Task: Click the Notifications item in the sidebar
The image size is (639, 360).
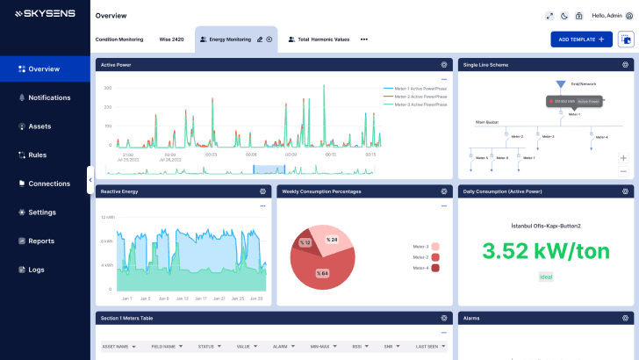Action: point(48,97)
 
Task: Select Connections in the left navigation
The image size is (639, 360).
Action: point(48,184)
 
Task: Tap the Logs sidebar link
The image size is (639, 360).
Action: point(36,270)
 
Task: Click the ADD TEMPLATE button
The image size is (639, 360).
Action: point(580,40)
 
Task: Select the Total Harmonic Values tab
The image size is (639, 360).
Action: point(323,40)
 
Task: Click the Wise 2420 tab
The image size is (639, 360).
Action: point(171,40)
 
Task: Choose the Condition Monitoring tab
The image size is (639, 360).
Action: point(118,40)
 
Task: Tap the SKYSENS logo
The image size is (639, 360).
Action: point(44,14)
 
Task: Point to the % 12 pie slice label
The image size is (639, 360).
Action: point(305,242)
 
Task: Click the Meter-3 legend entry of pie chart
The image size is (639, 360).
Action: point(420,247)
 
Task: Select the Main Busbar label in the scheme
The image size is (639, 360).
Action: point(486,122)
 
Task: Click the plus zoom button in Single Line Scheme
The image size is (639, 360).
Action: point(623,158)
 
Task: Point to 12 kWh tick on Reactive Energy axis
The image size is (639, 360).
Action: point(106,217)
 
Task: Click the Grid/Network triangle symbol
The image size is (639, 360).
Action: point(561,84)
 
